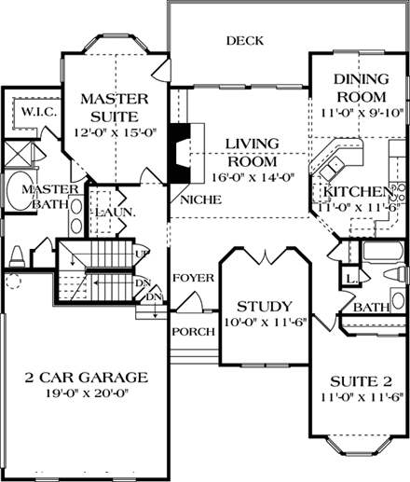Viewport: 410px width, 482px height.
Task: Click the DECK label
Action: pyautogui.click(x=244, y=41)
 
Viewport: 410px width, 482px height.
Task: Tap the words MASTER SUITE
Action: pyautogui.click(x=109, y=107)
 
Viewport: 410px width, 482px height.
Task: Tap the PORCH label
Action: pyautogui.click(x=193, y=331)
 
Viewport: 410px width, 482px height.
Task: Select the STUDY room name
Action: pyautogui.click(x=265, y=307)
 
